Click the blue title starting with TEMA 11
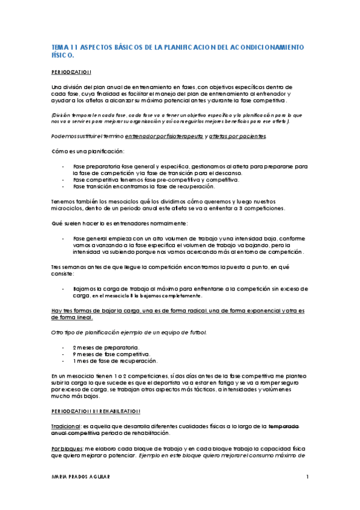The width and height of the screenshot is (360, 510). coord(178,46)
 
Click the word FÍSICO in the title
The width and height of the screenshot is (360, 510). coord(63,55)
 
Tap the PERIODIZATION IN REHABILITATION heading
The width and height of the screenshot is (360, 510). coord(96,411)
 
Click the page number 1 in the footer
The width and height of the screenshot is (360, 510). coord(307,477)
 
